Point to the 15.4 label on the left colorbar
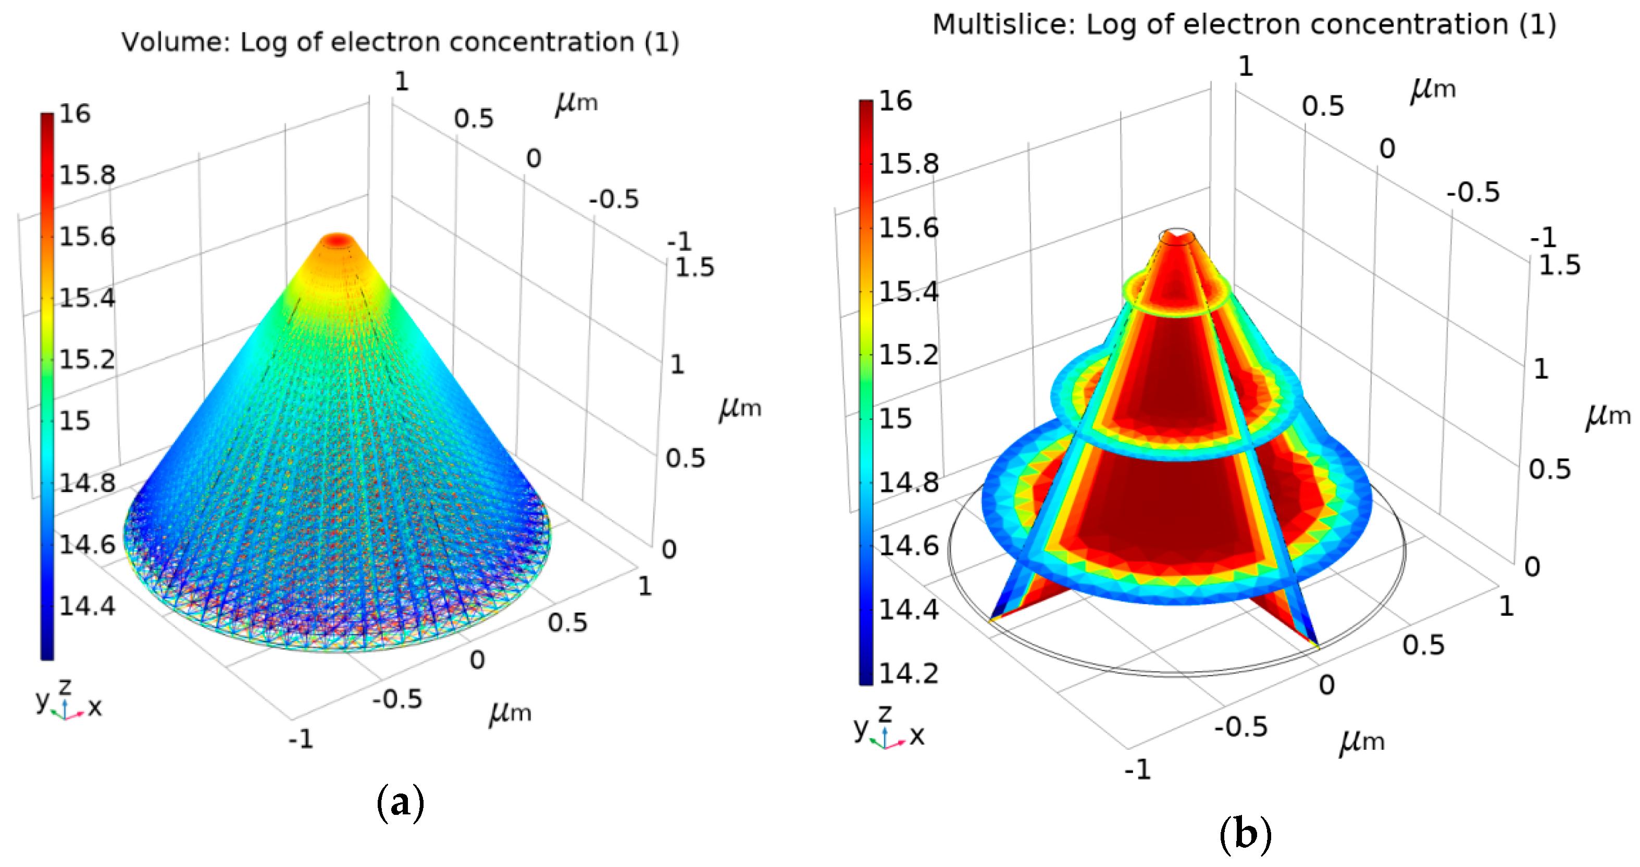[87, 298]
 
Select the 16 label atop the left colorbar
[75, 114]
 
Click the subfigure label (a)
[400, 803]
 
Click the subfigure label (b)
[1245, 833]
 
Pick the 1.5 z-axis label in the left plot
[694, 267]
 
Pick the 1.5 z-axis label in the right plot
[1559, 265]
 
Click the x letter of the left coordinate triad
[95, 707]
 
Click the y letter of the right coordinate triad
[860, 727]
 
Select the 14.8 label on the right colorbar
[908, 483]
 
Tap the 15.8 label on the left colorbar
[87, 175]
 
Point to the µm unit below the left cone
[510, 712]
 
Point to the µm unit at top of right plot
[1433, 88]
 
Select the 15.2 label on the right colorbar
[908, 355]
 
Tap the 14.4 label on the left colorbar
[87, 606]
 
